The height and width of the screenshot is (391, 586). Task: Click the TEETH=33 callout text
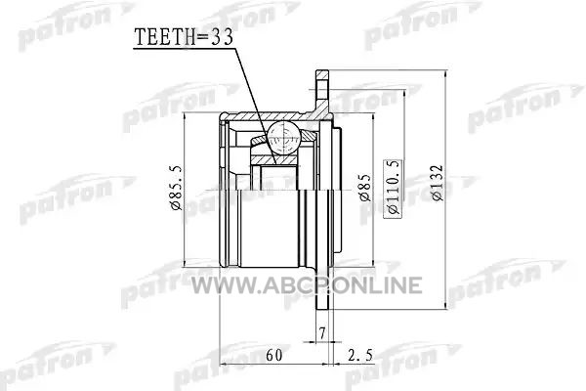tap(184, 37)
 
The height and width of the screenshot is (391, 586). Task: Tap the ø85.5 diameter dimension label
tap(176, 188)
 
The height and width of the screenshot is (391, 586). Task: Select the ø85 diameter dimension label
tap(365, 188)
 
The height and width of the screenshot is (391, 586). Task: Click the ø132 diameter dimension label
tap(437, 183)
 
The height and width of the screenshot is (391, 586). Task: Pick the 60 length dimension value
tap(273, 355)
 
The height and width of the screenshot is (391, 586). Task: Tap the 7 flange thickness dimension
tap(322, 332)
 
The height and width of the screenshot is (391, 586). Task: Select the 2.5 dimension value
tap(359, 355)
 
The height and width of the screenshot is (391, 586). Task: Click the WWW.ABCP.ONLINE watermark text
tap(307, 285)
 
